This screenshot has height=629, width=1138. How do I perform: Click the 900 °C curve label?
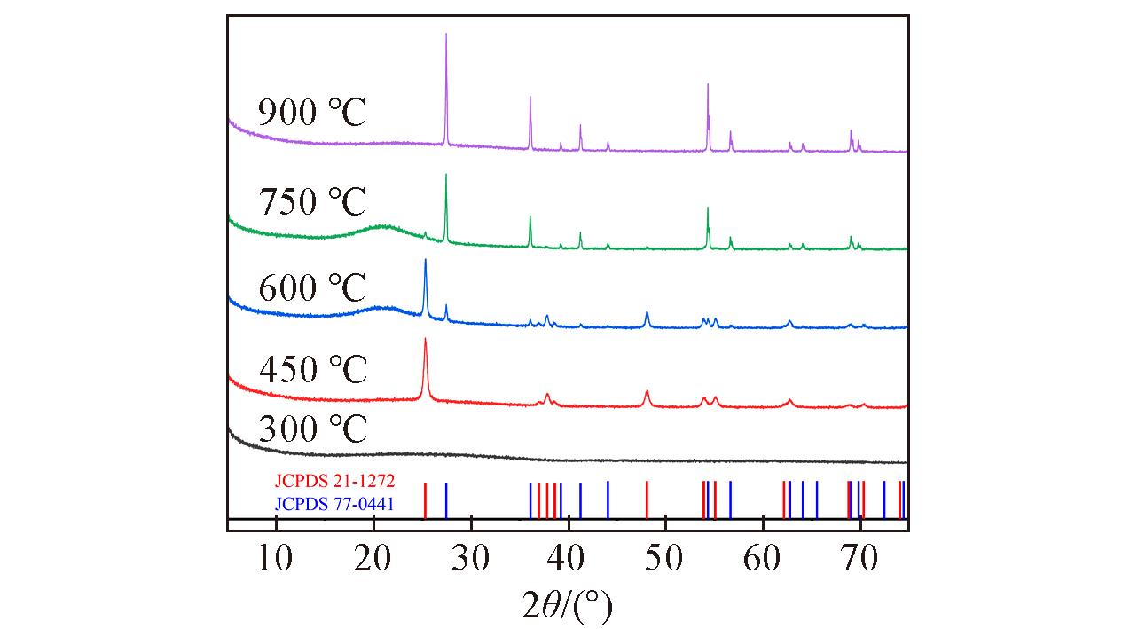pyautogui.click(x=311, y=113)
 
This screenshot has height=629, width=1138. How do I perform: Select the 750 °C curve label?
pyautogui.click(x=311, y=202)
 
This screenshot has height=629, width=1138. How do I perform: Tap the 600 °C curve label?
pyautogui.click(x=311, y=287)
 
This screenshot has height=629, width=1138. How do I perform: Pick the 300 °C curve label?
pyautogui.click(x=312, y=429)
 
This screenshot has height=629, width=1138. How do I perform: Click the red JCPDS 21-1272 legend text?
pyautogui.click(x=334, y=481)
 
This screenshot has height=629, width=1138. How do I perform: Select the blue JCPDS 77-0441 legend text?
pyautogui.click(x=334, y=504)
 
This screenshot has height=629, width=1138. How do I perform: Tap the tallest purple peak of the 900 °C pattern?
pyautogui.click(x=445, y=35)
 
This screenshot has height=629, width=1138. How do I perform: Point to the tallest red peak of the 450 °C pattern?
pyautogui.click(x=425, y=341)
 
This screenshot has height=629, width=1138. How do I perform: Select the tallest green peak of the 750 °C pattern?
pyautogui.click(x=445, y=176)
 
